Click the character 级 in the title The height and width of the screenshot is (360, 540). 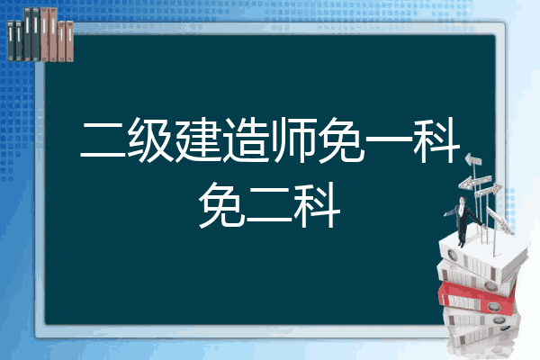(151, 139)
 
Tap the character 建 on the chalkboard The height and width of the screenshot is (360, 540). (198, 139)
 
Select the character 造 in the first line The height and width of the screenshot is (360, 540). (246, 139)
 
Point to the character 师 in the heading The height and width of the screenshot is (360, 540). (293, 139)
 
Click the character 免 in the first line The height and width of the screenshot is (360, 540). (341, 139)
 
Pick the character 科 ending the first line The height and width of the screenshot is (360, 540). (436, 139)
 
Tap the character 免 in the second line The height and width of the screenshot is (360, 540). (222, 205)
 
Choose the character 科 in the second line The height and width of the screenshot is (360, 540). (318, 205)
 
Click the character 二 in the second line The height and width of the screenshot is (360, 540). (270, 207)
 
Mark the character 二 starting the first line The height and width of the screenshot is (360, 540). (103, 141)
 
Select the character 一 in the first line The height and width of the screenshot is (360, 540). (389, 139)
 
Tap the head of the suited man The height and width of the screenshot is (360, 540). (462, 200)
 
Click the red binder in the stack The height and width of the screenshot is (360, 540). (476, 298)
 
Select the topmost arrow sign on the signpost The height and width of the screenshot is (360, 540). (473, 159)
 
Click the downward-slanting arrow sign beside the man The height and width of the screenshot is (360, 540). (499, 220)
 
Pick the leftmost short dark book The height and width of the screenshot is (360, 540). (11, 40)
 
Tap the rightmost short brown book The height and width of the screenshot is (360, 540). (69, 41)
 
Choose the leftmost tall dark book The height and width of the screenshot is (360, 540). (27, 34)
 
